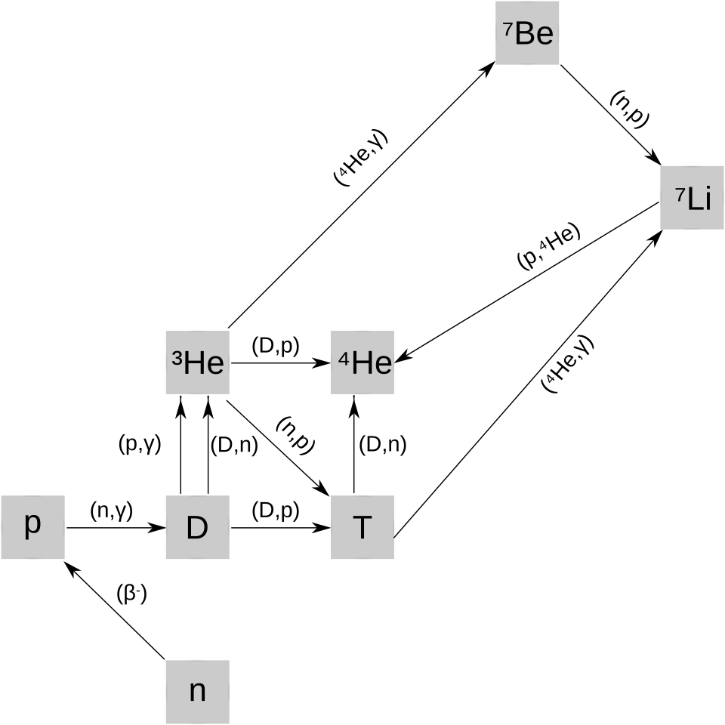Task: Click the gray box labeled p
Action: [32, 527]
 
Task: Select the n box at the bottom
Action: [197, 692]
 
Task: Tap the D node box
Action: [197, 527]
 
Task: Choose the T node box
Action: [362, 527]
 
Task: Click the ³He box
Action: [197, 362]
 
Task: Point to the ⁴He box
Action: [362, 362]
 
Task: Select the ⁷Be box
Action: [527, 32]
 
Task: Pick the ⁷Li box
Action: [692, 197]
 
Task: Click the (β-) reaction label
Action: [131, 594]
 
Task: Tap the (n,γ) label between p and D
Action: [112, 511]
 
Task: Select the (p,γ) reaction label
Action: [140, 445]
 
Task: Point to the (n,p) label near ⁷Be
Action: [629, 110]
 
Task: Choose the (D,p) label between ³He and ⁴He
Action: [276, 347]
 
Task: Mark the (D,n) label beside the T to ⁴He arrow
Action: [382, 445]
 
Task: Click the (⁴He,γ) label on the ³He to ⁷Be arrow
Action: [361, 158]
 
